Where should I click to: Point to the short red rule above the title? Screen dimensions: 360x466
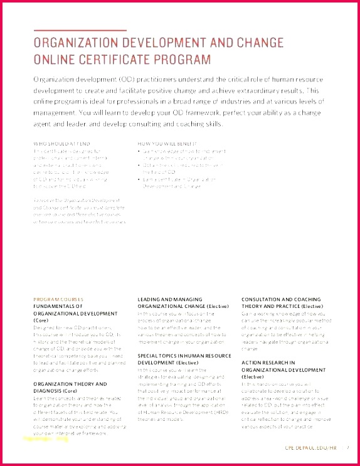click(80, 30)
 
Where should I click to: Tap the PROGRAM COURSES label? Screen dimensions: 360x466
click(58, 299)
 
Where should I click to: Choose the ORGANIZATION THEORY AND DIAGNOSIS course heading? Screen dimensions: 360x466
click(70, 386)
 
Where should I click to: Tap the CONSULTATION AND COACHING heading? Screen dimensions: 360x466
click(281, 299)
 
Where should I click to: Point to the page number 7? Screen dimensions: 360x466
click(347, 448)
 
